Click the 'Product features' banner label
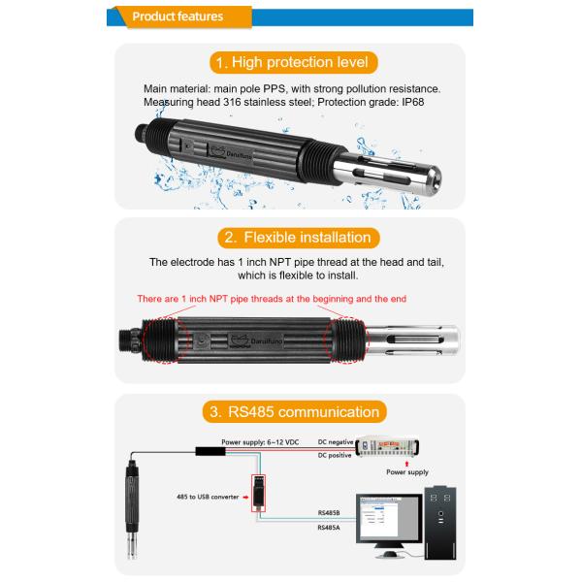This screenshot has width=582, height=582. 178,16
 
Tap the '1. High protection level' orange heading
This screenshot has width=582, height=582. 291,63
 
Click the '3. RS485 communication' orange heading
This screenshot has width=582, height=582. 291,412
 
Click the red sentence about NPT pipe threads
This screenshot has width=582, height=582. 290,299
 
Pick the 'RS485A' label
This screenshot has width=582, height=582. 329,530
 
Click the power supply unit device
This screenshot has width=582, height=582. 389,445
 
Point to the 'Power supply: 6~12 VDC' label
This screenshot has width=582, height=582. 259,441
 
